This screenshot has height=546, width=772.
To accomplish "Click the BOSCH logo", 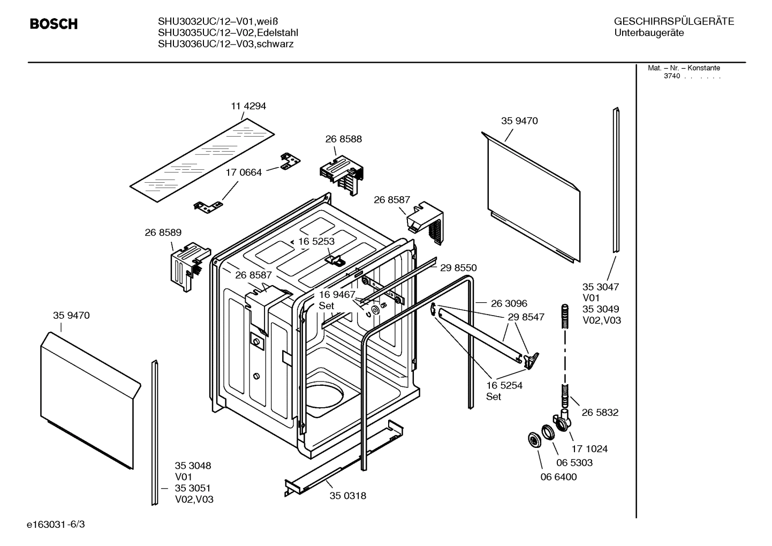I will (54, 24).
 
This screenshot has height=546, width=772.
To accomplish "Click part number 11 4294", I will (248, 106).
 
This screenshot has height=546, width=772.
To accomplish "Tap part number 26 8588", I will (343, 139).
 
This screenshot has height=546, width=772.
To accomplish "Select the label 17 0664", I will (244, 173).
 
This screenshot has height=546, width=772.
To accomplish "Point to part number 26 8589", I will (163, 233).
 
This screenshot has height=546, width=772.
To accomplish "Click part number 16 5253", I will (316, 242).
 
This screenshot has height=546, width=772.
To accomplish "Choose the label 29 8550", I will (458, 268).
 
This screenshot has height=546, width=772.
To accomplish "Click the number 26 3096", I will (509, 304).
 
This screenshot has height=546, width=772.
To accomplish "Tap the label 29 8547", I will (526, 317).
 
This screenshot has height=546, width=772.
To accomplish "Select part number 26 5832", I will (600, 413).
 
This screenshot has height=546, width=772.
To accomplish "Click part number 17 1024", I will (589, 449).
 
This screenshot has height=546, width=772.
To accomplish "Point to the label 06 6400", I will (558, 477).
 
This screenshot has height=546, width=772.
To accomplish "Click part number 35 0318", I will (347, 496).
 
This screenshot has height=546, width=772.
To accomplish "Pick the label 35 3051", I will (193, 488).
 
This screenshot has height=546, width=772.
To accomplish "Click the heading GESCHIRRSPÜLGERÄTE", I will (673, 21).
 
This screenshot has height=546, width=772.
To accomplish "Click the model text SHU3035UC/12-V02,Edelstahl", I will (228, 33).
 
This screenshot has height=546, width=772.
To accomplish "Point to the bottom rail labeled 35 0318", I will (343, 458).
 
